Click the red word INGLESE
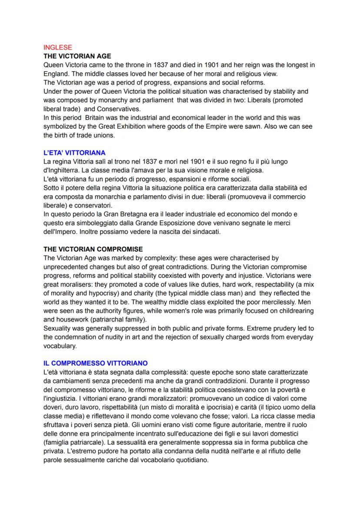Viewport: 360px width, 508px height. tap(58, 48)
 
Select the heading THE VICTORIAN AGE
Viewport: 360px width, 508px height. tap(77, 56)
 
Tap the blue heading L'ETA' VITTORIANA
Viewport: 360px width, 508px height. tap(74, 153)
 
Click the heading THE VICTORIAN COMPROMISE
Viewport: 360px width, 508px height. tap(93, 249)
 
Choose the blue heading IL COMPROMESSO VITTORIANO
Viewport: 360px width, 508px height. tap(96, 362)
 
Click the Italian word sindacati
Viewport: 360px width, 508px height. tap(207, 232)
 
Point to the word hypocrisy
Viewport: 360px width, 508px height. tap(101, 293)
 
